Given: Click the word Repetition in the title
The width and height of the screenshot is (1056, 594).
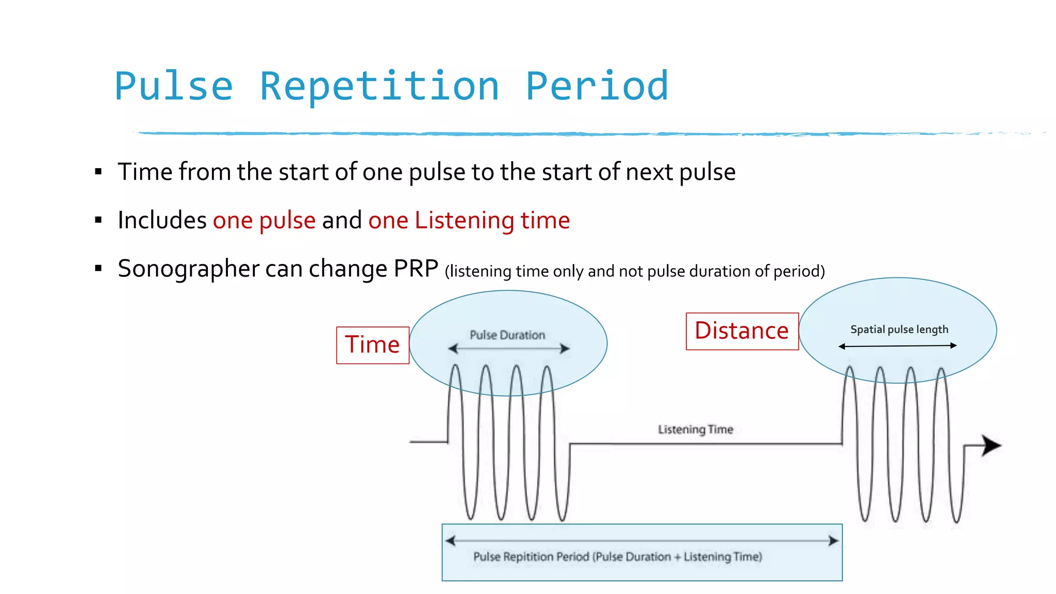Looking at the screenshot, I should click(x=379, y=86).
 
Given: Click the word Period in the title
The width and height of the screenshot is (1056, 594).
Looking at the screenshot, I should click(x=597, y=86).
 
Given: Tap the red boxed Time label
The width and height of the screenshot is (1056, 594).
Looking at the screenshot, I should click(x=372, y=345).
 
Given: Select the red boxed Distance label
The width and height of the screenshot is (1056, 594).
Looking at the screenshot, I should click(x=741, y=331).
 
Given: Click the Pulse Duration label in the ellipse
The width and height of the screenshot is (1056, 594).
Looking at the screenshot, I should click(x=507, y=335).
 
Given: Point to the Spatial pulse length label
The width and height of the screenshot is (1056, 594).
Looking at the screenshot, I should click(x=899, y=329).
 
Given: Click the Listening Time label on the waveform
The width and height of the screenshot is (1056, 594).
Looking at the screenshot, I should click(x=695, y=430).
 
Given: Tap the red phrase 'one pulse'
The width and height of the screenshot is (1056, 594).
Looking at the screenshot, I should click(x=264, y=221).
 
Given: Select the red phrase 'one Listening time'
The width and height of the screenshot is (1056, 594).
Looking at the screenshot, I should click(x=469, y=221).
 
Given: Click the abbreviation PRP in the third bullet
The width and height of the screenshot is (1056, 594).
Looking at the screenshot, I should click(x=416, y=269).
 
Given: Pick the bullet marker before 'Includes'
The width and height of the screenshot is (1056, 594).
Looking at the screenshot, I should click(x=98, y=220).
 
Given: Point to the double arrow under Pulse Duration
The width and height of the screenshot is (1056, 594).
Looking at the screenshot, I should click(x=508, y=349).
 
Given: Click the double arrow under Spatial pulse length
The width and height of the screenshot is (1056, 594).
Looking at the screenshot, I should click(x=897, y=346).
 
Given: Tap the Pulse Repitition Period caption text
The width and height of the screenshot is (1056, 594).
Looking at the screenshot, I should click(x=617, y=557).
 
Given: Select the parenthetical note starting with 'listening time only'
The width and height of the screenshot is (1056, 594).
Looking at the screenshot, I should click(x=634, y=271).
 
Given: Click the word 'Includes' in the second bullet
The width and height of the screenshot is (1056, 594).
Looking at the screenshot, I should click(x=162, y=221).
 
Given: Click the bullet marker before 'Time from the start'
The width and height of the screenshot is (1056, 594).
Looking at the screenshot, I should click(x=98, y=172).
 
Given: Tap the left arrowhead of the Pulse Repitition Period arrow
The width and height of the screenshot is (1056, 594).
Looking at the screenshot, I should click(x=450, y=541).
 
